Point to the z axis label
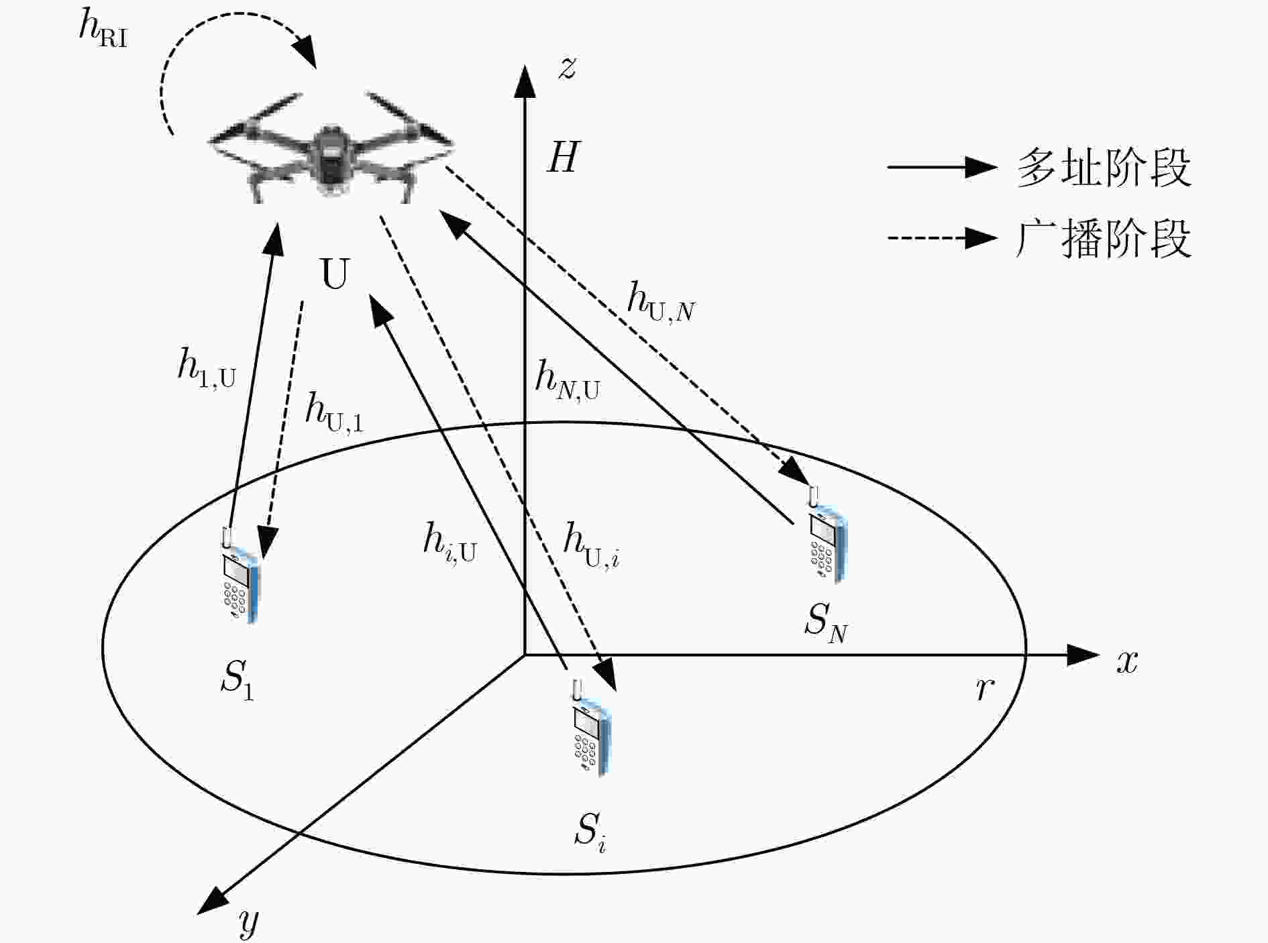pyautogui.click(x=568, y=68)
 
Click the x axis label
pyautogui.click(x=1127, y=662)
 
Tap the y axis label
pyautogui.click(x=248, y=923)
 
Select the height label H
pyautogui.click(x=562, y=158)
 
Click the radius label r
pyautogui.click(x=984, y=688)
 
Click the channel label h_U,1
pyautogui.click(x=334, y=412)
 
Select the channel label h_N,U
pyautogui.click(x=567, y=381)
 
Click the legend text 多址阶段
pyautogui.click(x=1104, y=168)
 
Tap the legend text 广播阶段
pyautogui.click(x=1104, y=238)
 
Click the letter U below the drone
pyautogui.click(x=335, y=274)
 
